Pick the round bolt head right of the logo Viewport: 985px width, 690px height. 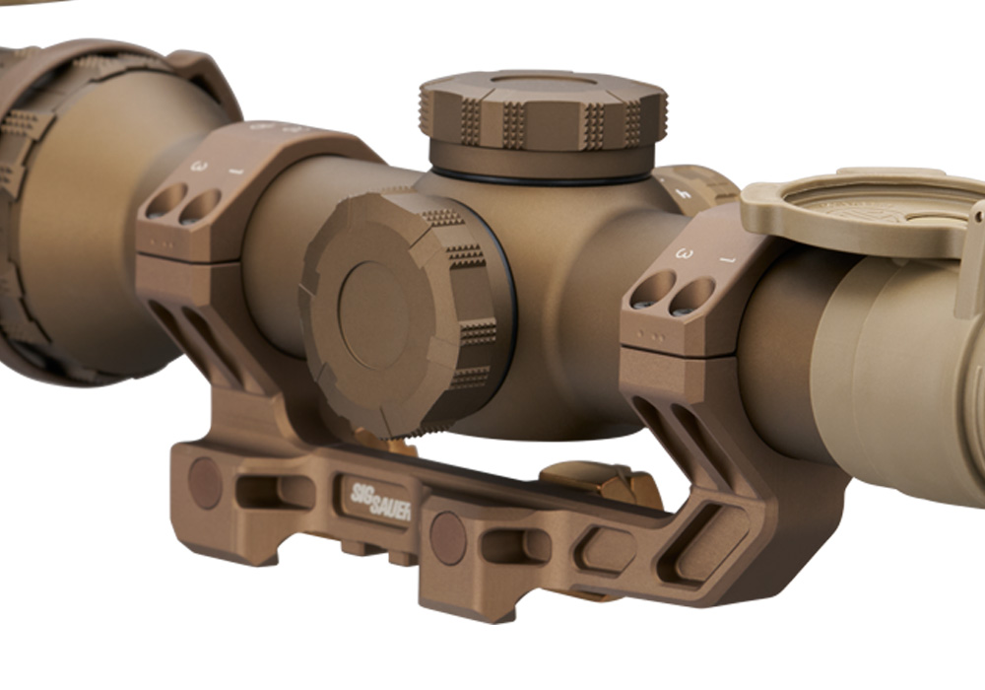[x=448, y=537]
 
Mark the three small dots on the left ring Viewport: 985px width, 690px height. [x=162, y=240]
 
